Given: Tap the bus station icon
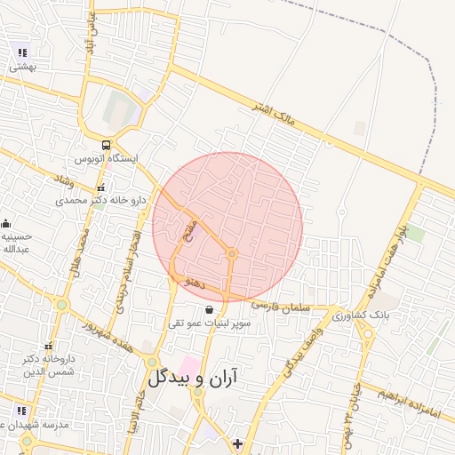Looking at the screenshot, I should coord(107,145).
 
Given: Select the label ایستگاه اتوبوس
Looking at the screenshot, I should coord(106,159).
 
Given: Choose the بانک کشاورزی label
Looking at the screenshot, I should coord(361,315).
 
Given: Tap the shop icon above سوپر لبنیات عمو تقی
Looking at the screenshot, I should coord(209,310).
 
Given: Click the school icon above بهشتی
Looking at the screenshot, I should coord(21,52).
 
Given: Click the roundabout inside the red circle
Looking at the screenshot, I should coord(232,254).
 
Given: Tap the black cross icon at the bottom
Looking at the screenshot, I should coord(237,443).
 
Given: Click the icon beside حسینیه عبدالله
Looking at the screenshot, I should coord(6,224).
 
